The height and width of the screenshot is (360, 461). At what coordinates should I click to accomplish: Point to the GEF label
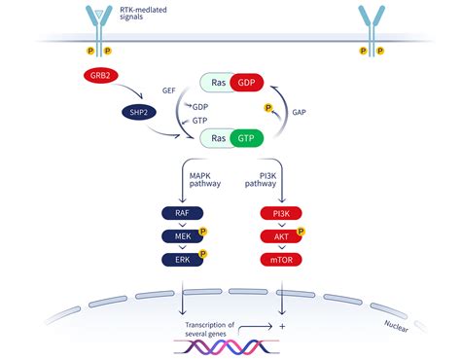169,89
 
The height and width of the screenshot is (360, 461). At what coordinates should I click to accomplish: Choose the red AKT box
282,235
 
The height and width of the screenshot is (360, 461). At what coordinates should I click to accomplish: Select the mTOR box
282,260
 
